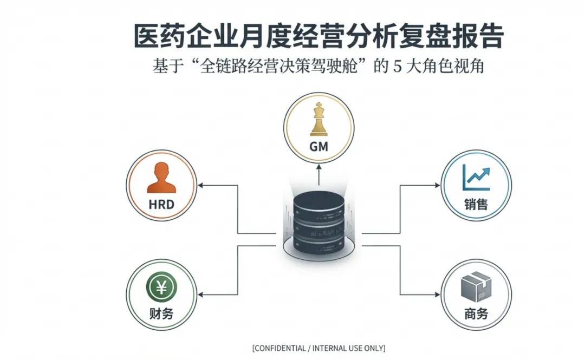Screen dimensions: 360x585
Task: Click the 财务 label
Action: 161,313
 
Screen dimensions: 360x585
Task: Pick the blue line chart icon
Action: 476,177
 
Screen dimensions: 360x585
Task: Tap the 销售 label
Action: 476,204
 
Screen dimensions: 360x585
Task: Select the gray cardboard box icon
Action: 476,287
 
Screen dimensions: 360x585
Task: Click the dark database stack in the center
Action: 318,223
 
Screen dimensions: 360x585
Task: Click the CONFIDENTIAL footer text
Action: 318,348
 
